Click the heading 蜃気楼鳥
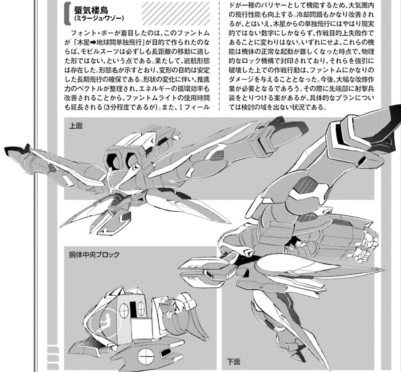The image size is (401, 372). (x=91, y=10)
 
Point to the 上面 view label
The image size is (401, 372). (x=76, y=126)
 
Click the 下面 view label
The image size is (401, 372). (x=234, y=362)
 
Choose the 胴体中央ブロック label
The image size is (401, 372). (x=94, y=255)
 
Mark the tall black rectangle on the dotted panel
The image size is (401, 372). (x=133, y=310)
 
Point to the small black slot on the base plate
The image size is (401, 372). (x=166, y=352)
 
